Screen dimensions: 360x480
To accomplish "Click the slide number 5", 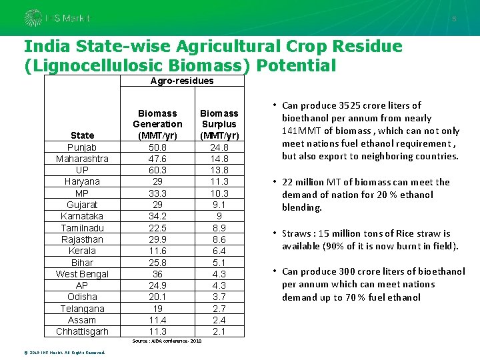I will [454, 19].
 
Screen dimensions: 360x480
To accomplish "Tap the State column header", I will [82, 135].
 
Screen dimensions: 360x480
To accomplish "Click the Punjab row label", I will [82, 147].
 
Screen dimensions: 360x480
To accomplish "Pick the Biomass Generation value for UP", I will [157, 170].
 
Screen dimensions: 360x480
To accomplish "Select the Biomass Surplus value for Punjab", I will [219, 147].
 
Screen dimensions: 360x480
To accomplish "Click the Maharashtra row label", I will [82, 159].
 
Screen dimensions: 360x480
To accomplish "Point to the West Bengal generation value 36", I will [157, 273].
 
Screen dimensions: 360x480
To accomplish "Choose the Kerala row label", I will [82, 251].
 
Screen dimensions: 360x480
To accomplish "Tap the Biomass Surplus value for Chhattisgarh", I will [219, 331].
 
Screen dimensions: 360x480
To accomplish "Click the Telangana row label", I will [82, 308].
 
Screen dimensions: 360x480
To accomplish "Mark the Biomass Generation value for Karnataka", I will [157, 216].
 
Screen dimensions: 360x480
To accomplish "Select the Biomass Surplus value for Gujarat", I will [219, 205].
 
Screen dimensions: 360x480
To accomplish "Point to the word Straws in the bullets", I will [298, 233].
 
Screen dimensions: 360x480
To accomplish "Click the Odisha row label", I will [82, 297].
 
